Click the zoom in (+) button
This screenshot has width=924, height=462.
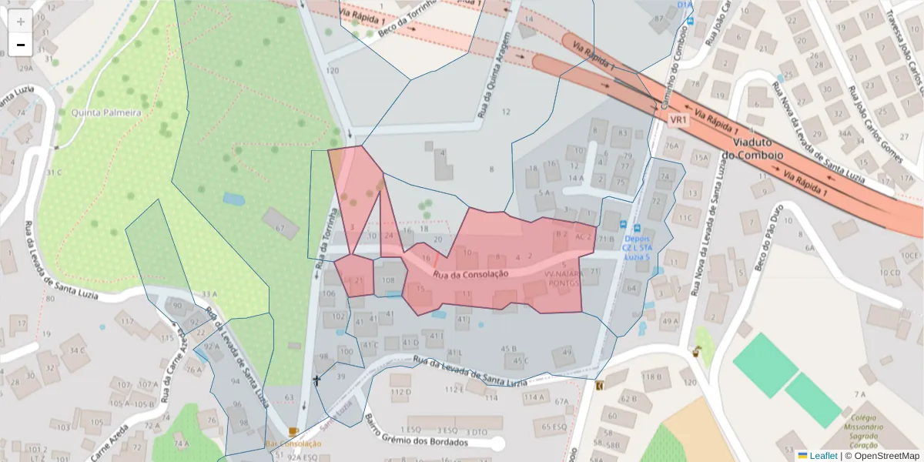tap(21, 22)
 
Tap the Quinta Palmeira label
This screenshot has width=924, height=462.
tap(106, 112)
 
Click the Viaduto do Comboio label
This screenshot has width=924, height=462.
tap(758, 149)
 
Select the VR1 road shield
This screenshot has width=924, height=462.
tap(678, 120)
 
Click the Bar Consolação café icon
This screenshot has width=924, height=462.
tap(293, 432)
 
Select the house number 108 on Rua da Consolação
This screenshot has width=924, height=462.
tap(389, 281)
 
